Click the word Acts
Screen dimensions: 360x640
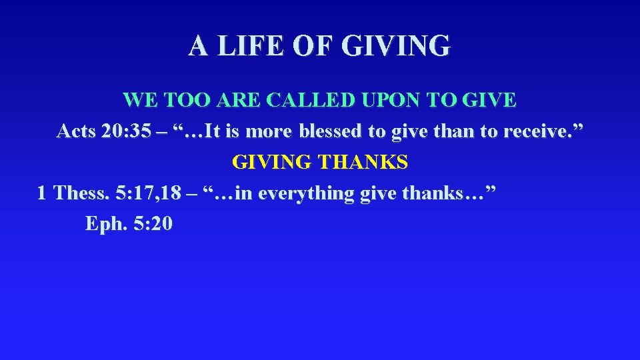click(77, 131)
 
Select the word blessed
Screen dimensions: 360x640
click(331, 131)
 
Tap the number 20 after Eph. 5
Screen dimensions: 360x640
click(160, 224)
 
